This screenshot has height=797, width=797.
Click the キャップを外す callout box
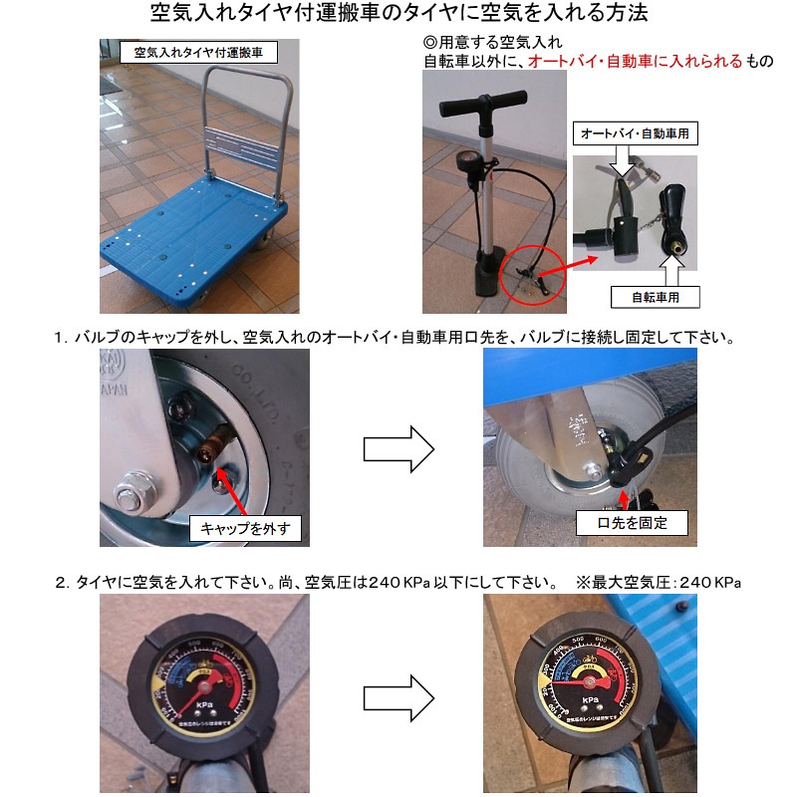click(244, 528)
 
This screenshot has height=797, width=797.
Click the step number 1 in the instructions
click(60, 339)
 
